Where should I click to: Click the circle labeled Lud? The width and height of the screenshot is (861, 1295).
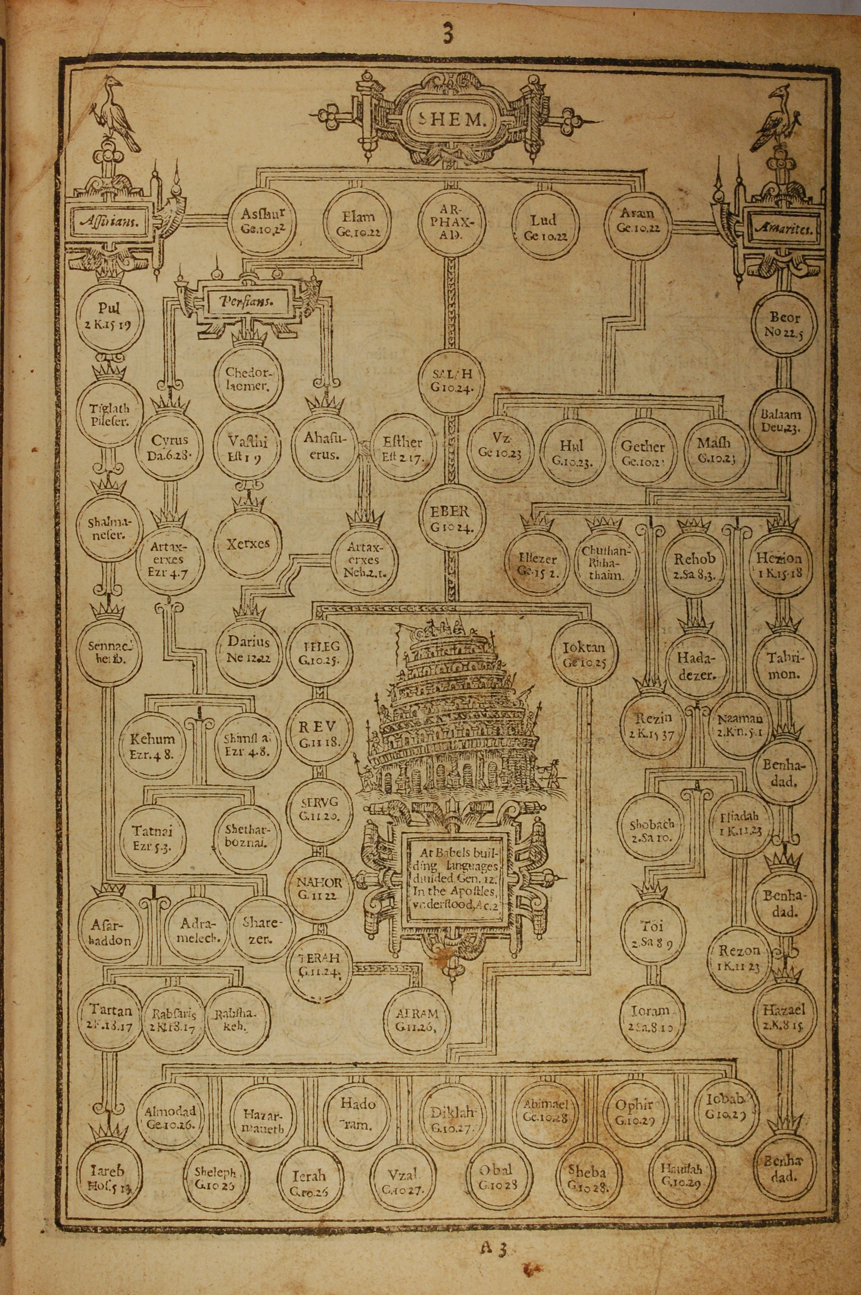point(544,225)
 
